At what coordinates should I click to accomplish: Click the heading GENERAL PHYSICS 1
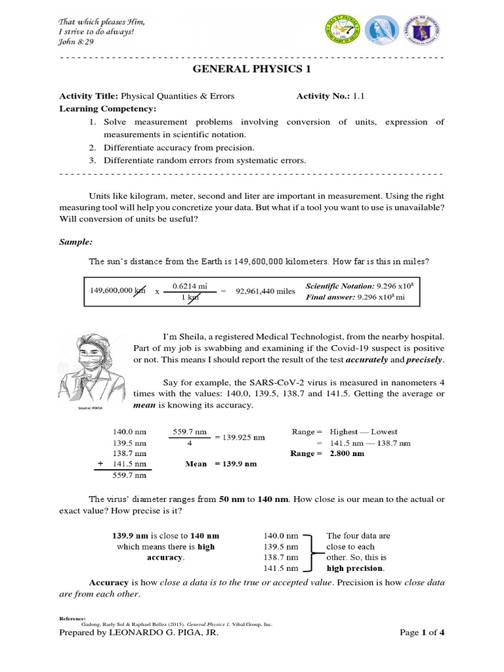(x=252, y=71)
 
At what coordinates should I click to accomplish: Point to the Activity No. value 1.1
(x=358, y=96)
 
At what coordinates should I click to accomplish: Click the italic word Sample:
(x=73, y=241)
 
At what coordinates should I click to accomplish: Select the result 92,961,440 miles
(x=266, y=291)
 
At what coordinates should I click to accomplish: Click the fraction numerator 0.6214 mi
(x=190, y=286)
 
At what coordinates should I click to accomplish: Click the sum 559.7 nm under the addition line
(x=129, y=476)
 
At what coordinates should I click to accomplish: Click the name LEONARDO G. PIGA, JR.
(x=163, y=633)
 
